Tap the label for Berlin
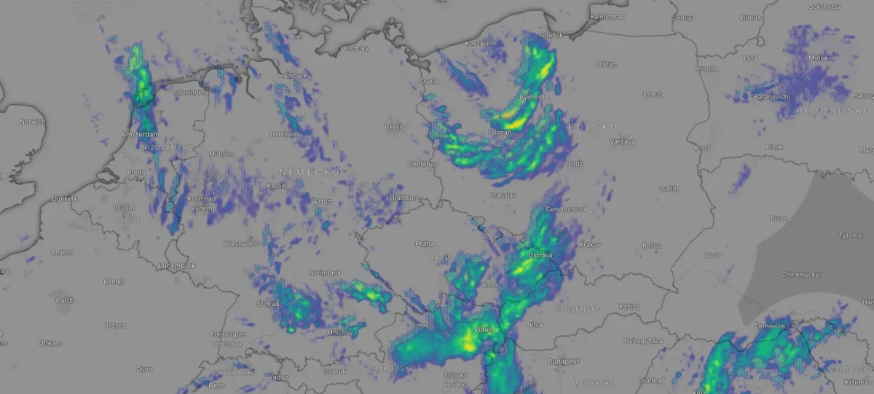click(393, 127)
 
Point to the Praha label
click(425, 243)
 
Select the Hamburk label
click(293, 76)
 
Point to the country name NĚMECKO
click(310, 171)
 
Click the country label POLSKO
click(592, 126)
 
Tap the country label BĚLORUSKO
click(833, 110)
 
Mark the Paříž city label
click(65, 299)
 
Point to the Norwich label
click(33, 122)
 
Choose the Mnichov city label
click(339, 333)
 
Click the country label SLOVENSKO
click(580, 309)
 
